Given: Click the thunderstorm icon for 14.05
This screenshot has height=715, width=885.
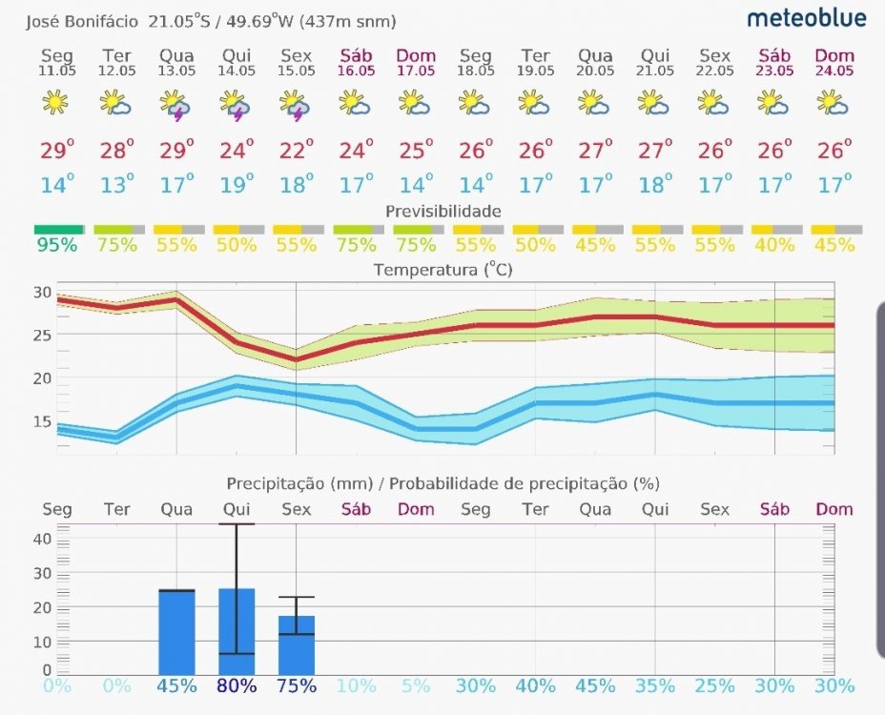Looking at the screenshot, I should pyautogui.click(x=235, y=104).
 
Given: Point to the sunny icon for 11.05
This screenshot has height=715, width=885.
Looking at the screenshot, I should pyautogui.click(x=56, y=102).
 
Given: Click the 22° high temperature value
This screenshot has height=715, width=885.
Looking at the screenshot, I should pyautogui.click(x=296, y=150).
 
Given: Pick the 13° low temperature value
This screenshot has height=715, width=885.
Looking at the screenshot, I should pyautogui.click(x=115, y=184).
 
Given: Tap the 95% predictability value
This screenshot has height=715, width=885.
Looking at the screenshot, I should pyautogui.click(x=56, y=245).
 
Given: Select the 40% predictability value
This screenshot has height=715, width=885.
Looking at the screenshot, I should pyautogui.click(x=774, y=245).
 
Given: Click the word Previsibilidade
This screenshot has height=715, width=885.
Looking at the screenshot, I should pyautogui.click(x=442, y=211).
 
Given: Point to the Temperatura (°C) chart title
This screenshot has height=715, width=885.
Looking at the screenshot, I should pyautogui.click(x=442, y=270).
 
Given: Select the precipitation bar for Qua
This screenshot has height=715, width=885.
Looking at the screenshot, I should pyautogui.click(x=176, y=632).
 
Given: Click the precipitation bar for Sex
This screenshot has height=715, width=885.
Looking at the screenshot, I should pyautogui.click(x=296, y=645).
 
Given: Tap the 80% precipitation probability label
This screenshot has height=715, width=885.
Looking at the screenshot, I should pyautogui.click(x=236, y=686).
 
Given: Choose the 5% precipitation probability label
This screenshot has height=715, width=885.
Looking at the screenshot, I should pyautogui.click(x=416, y=686).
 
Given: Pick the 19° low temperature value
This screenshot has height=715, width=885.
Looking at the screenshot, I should pyautogui.click(x=236, y=184).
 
